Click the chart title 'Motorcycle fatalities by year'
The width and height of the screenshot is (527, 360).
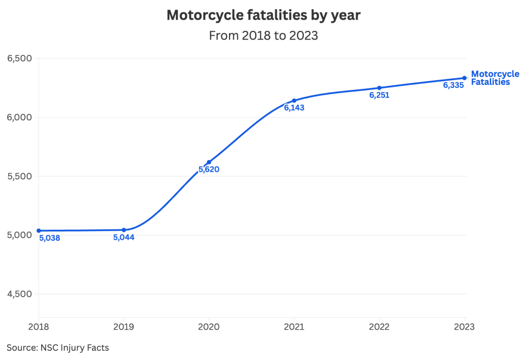click(x=263, y=15)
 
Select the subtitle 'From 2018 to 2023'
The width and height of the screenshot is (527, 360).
click(x=263, y=36)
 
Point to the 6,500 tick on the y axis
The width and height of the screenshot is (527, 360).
click(x=20, y=58)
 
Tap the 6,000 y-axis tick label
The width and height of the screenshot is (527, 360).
click(x=20, y=117)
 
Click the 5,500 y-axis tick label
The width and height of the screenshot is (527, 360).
click(x=20, y=176)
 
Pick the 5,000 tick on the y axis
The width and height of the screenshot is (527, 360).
click(x=20, y=235)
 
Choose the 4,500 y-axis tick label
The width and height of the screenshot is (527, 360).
click(x=20, y=294)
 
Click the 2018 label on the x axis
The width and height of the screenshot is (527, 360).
click(x=39, y=327)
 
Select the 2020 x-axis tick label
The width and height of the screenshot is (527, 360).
click(x=209, y=327)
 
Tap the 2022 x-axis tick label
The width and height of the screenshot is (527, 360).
click(x=379, y=327)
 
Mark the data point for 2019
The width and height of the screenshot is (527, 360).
click(x=124, y=230)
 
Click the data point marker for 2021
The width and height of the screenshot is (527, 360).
click(x=294, y=100)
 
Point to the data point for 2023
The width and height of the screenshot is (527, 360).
click(x=464, y=78)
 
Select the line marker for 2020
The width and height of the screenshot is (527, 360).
click(x=209, y=162)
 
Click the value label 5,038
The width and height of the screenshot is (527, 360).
click(x=49, y=238)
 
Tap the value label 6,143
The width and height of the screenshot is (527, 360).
click(x=294, y=108)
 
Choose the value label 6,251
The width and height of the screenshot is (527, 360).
click(x=379, y=95)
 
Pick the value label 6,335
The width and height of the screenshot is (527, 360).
click(x=453, y=86)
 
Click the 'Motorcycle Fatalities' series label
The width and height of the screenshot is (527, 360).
click(x=495, y=78)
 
